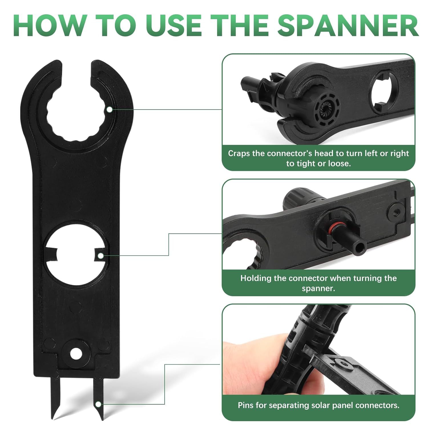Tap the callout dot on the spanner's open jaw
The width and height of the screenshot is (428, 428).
point(109,109)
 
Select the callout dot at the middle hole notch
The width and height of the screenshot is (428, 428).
point(100,256)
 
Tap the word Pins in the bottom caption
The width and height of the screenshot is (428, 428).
point(246,405)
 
